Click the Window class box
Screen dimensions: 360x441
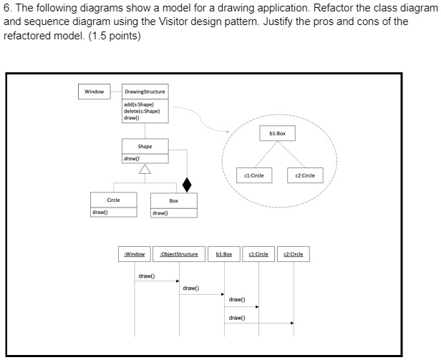coord(94,92)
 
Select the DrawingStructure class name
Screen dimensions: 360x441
coord(144,92)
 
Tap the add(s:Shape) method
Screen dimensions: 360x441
coord(137,104)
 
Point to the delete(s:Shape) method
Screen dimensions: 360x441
coord(139,111)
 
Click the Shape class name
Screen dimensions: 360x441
coord(145,145)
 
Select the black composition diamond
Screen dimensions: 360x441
coord(188,184)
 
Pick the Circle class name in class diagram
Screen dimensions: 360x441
coord(113,200)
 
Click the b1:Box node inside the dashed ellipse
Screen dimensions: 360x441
coord(277,133)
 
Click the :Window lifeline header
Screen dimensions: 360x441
coord(135,254)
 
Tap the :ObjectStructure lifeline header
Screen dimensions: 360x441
coord(179,254)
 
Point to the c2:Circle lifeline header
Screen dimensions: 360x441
coord(294,254)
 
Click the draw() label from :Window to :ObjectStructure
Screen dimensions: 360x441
coord(146,274)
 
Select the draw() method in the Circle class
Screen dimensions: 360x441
coord(100,213)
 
